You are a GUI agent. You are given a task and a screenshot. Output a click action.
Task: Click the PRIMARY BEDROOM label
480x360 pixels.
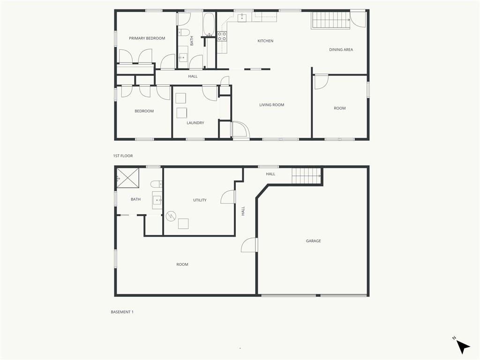tap(147, 38)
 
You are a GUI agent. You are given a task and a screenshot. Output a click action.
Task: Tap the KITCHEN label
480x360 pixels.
tap(265, 41)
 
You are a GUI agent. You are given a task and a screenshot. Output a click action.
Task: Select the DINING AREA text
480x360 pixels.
tap(341, 50)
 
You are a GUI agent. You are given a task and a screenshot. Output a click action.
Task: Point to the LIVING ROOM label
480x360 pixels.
tap(272, 105)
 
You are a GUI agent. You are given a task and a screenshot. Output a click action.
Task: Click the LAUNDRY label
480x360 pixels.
tap(195, 123)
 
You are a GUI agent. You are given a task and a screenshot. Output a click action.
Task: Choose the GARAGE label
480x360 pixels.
tap(314, 241)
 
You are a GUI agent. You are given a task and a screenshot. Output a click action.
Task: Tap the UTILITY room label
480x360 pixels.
tap(200, 200)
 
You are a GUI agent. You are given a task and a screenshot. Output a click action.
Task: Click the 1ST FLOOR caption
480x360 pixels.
tap(123, 156)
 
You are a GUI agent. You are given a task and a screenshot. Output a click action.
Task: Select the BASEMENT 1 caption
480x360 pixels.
tap(122, 312)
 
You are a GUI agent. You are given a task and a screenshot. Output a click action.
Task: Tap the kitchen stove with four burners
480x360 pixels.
tap(222, 37)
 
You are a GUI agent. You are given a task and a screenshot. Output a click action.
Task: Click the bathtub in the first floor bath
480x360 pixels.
tap(209, 24)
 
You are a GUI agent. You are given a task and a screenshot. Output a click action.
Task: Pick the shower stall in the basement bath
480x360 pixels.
tap(128, 177)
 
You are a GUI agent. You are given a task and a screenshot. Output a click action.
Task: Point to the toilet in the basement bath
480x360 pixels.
tap(156, 184)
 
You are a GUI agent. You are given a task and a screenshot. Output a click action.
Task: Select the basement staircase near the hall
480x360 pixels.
tap(306, 176)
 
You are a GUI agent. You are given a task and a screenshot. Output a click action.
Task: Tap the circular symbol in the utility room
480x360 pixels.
tap(171, 217)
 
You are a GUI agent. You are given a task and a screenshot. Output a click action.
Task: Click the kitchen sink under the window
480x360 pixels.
tap(242, 17)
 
